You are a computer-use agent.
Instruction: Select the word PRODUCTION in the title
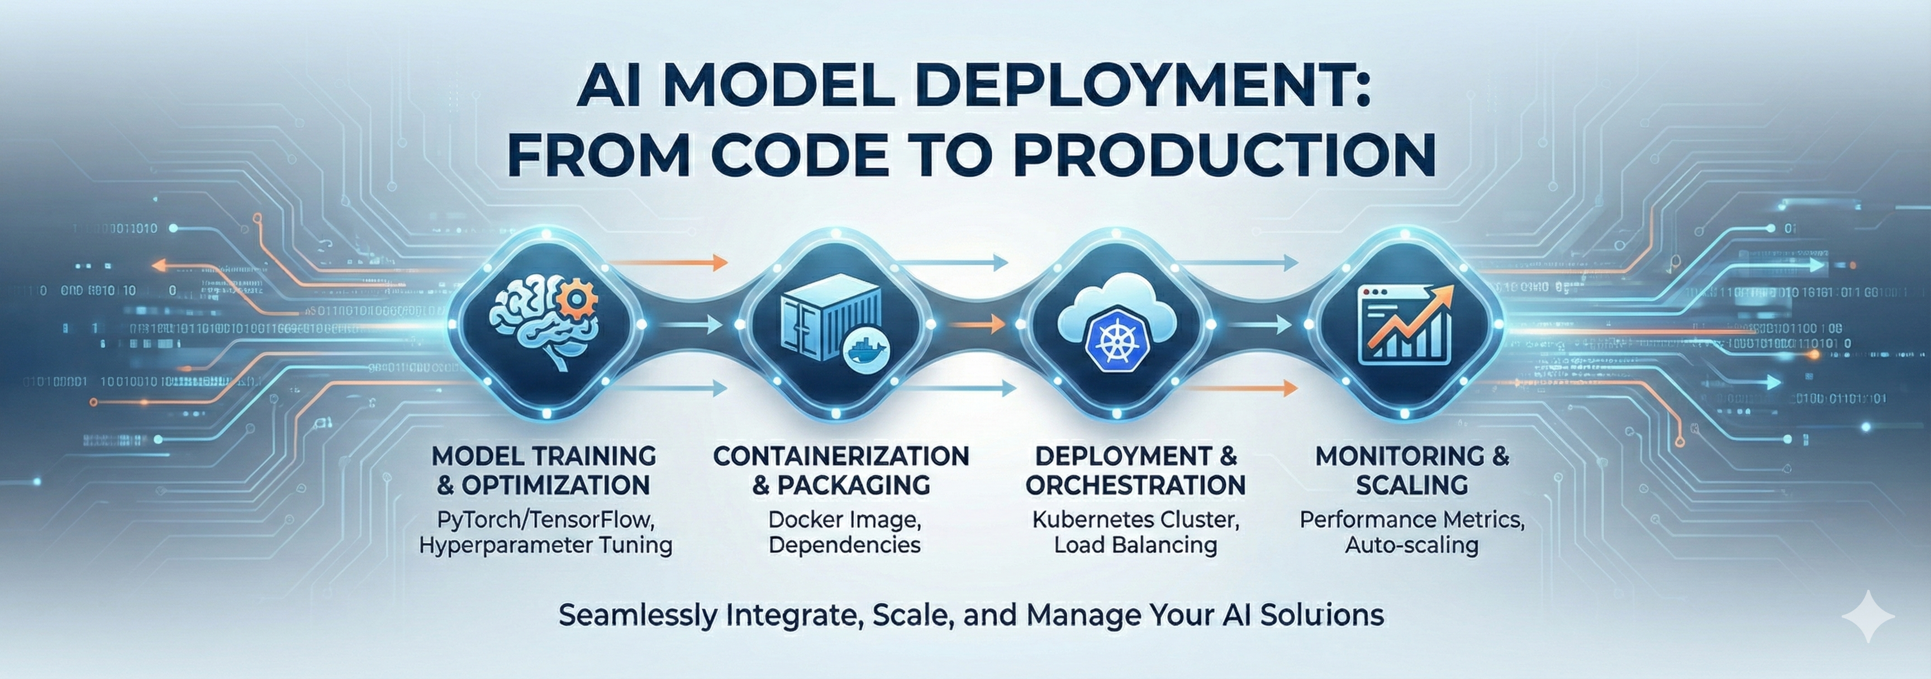click(1226, 155)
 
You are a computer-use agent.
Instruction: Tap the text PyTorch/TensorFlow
click(546, 519)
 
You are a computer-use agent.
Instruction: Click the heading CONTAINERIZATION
click(841, 456)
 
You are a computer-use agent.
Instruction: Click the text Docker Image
click(845, 519)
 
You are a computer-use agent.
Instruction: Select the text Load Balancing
click(1135, 545)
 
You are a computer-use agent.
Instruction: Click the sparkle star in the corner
click(1868, 616)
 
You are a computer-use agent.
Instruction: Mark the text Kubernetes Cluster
click(1135, 519)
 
